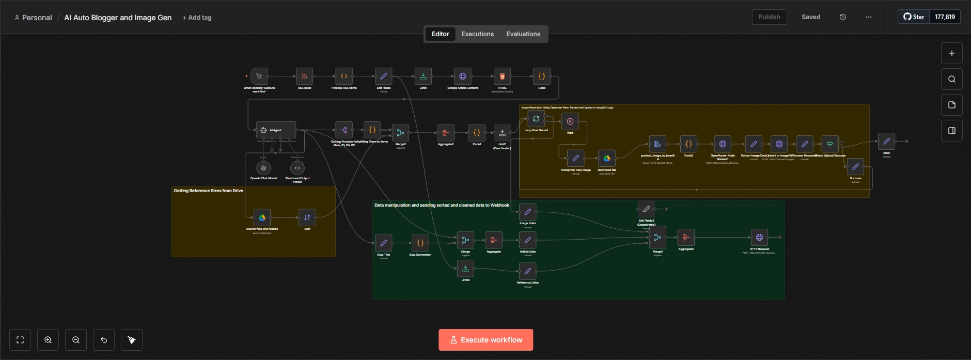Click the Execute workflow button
point(485,340)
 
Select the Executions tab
point(477,34)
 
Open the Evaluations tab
point(523,34)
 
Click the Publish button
point(769,17)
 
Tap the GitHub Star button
point(914,17)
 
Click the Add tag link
point(197,18)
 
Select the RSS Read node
point(304,76)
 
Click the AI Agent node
point(276,130)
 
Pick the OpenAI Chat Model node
point(263,168)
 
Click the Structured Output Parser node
point(297,168)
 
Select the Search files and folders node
point(262,217)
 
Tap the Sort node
point(307,217)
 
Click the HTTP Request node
point(759,238)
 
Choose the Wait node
point(570,122)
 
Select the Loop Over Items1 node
point(536,119)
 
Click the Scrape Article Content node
point(463,76)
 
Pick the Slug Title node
point(383,243)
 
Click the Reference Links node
point(527,271)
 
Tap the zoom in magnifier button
point(48,340)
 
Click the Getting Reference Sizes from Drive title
point(208,191)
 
